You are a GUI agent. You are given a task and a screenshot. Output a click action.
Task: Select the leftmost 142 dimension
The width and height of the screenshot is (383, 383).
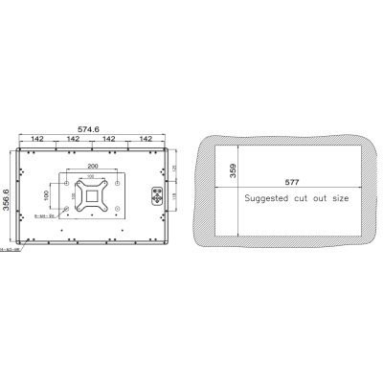[x=36, y=139]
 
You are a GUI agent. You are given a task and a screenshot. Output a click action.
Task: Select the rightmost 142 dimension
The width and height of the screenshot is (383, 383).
[x=146, y=139]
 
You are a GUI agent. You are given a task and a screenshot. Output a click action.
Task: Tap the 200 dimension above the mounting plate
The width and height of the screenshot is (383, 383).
[x=93, y=166]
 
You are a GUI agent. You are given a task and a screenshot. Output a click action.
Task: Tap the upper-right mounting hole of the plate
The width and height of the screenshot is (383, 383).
[x=117, y=183]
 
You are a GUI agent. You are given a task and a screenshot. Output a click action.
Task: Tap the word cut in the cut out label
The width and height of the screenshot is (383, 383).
[x=305, y=198]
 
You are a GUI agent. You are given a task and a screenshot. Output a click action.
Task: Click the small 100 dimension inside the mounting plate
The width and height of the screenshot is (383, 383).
[x=93, y=176]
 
